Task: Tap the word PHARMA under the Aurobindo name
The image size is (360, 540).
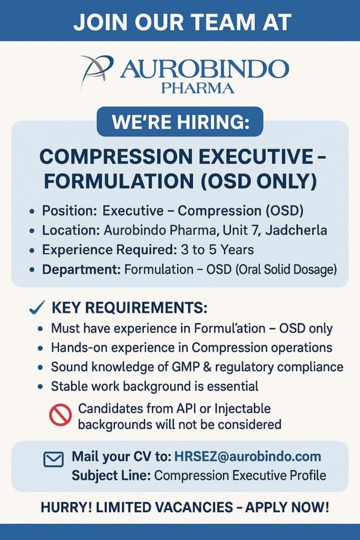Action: coord(198,89)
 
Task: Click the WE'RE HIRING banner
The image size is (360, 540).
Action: coord(180,122)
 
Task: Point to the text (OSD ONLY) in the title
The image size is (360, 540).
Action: coord(259,181)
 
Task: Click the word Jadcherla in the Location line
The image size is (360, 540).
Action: coord(296,230)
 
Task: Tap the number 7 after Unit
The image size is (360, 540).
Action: coord(255,230)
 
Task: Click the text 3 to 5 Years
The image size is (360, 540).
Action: coord(218,249)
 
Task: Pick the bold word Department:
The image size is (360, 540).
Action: coord(81,269)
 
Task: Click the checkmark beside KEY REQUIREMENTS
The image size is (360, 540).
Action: coord(37,307)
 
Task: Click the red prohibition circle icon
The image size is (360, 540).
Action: coord(61,415)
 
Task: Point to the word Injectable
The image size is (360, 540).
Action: coord(242,409)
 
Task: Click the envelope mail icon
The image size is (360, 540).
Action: coord(54,459)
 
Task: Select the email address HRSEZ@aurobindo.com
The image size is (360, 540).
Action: coord(248,456)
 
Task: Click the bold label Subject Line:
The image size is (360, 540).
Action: coord(111,476)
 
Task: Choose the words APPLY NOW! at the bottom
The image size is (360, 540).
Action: coord(287,507)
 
